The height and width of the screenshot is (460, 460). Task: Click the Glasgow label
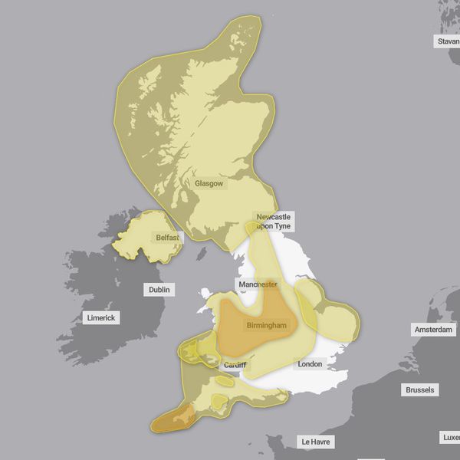click(x=209, y=184)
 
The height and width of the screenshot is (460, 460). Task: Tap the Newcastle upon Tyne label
click(x=274, y=222)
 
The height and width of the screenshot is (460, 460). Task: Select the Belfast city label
click(x=167, y=238)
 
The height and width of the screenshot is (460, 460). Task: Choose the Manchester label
click(x=258, y=284)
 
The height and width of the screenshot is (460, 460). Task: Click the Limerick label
click(x=101, y=317)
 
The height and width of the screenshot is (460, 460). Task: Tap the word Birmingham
click(x=268, y=326)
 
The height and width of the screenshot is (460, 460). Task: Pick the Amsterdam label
click(x=432, y=330)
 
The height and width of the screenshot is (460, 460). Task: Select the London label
click(x=310, y=363)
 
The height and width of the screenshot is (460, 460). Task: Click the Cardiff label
click(x=235, y=365)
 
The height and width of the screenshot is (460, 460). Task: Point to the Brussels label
click(x=419, y=390)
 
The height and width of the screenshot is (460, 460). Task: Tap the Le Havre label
click(x=315, y=442)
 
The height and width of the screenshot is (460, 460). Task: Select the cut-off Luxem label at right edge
click(x=450, y=437)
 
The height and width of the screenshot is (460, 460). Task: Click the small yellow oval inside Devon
click(x=220, y=399)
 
